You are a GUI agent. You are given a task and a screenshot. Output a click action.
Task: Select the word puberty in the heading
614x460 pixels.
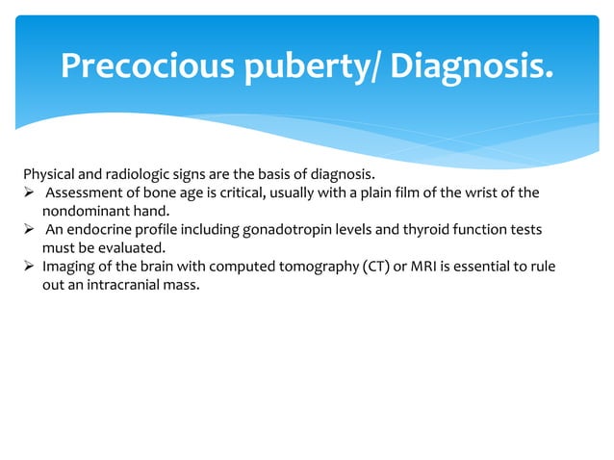pos(307,64)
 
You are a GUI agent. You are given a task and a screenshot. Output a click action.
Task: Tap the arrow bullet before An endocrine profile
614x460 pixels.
pos(29,230)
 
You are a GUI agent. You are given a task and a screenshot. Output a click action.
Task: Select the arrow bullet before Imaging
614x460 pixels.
pos(29,267)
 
